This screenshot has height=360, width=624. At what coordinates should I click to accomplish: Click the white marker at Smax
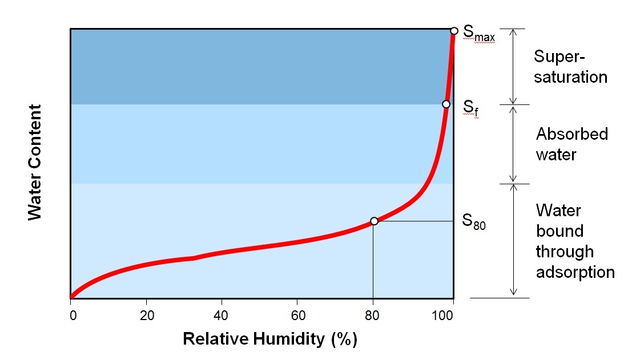click(x=454, y=30)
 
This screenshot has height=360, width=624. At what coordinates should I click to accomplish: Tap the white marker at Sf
click(x=446, y=104)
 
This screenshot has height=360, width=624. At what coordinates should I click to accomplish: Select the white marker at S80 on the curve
click(x=374, y=221)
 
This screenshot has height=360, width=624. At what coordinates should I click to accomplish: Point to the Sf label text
click(x=469, y=108)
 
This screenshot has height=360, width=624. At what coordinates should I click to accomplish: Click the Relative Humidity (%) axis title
click(x=269, y=339)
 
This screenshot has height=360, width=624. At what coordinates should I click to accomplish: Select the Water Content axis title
click(x=35, y=162)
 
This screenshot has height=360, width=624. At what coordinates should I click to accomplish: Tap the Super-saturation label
click(x=570, y=67)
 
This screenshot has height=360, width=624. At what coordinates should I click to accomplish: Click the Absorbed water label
click(x=571, y=144)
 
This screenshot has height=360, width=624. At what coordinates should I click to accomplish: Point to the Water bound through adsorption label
click(x=574, y=241)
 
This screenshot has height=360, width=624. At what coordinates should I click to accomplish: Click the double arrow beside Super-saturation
click(x=513, y=66)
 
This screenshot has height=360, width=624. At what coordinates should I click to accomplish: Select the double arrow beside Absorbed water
click(x=513, y=144)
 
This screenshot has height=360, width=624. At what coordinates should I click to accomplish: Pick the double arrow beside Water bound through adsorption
click(x=513, y=240)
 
